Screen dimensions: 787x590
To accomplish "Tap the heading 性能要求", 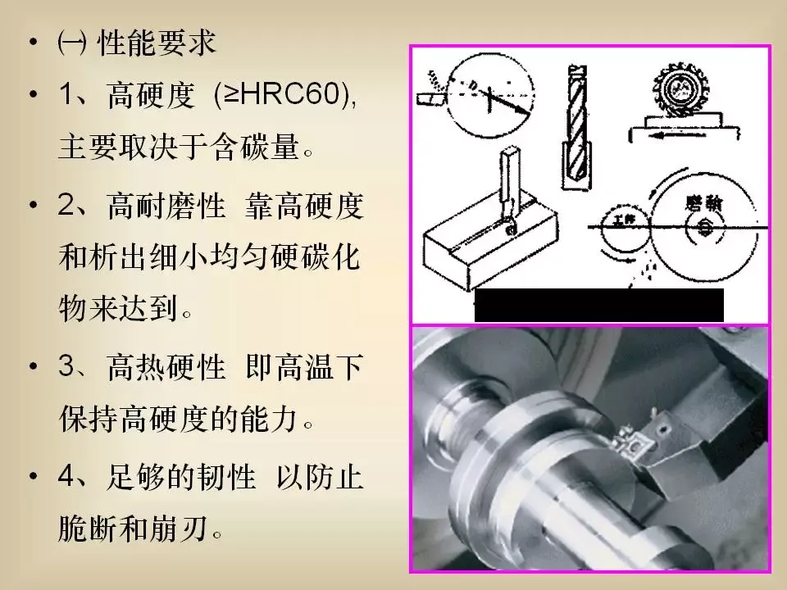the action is pos(157,42).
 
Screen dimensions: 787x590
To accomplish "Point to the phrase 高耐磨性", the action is pos(166,206).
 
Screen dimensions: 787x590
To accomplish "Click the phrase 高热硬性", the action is pos(166,366).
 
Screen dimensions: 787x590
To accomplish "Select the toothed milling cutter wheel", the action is pos(679,91).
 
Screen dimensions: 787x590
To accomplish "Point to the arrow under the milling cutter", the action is pos(677,134).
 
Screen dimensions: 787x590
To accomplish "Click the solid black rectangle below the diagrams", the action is pos(598,305).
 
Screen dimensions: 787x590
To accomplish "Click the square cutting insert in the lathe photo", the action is pos(631,444).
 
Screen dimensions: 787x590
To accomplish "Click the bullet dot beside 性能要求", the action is pos(34,42).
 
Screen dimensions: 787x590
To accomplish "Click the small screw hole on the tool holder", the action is pos(664,429).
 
